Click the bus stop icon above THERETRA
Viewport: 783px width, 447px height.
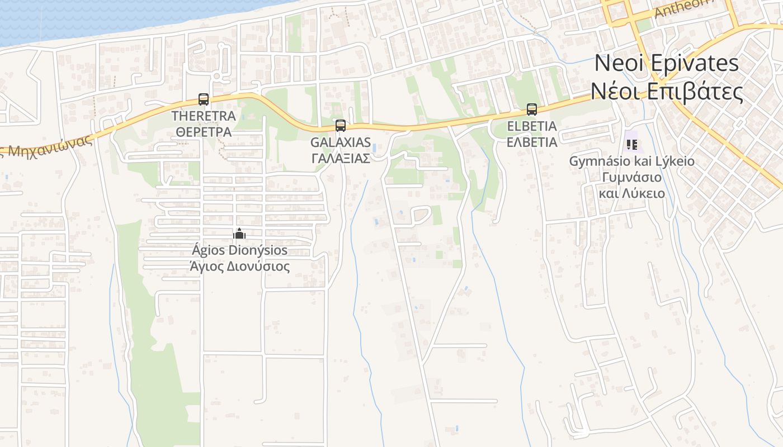[204, 99]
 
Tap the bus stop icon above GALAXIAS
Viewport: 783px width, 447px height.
[340, 125]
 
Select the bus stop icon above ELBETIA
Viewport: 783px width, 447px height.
[531, 110]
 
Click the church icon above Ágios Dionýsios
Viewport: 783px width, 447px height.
[239, 234]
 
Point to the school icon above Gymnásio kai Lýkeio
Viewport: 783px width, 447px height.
[632, 145]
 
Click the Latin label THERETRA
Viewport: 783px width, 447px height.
[204, 116]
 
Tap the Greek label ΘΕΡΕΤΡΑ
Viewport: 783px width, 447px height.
[204, 132]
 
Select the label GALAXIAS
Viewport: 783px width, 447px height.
[340, 142]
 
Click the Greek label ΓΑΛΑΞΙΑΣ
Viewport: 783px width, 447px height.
[340, 158]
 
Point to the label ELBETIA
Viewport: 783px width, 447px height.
[531, 126]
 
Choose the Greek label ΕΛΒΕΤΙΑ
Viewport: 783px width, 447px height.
[531, 142]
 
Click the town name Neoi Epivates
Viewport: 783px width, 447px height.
[666, 63]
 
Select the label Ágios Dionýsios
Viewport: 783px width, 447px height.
[239, 250]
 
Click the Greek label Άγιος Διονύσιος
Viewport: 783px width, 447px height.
[239, 267]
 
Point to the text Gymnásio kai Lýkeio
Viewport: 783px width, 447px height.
[631, 161]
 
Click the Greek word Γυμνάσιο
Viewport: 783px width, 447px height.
[631, 178]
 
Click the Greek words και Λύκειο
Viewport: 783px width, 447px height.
[631, 194]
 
